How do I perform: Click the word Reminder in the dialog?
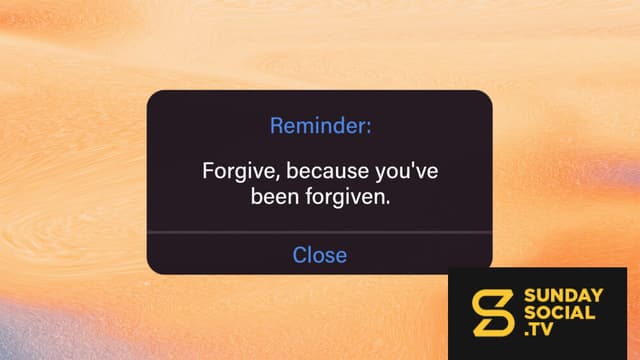(x=318, y=125)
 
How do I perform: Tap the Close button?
(x=320, y=255)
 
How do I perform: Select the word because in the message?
(x=328, y=171)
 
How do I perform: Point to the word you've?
(x=407, y=171)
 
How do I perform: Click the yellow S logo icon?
(x=492, y=313)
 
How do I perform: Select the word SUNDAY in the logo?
(x=563, y=296)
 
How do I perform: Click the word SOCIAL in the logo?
(x=559, y=313)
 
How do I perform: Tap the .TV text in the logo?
(x=539, y=329)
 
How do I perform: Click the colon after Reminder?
(x=369, y=128)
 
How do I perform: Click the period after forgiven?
(x=387, y=203)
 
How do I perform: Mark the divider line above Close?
(x=320, y=233)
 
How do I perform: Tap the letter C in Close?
(x=300, y=255)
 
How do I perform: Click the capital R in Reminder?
(x=277, y=126)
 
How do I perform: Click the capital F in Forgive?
(x=208, y=171)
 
